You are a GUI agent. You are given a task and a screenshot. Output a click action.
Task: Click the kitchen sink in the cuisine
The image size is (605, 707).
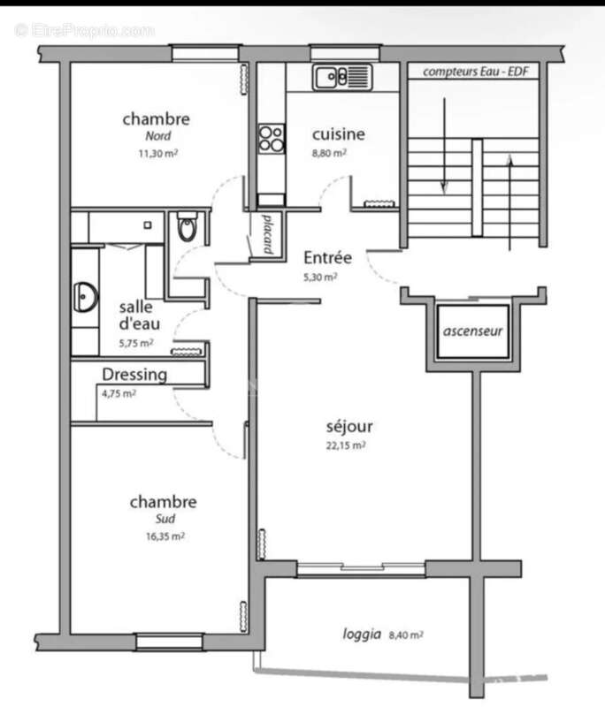[x=340, y=78]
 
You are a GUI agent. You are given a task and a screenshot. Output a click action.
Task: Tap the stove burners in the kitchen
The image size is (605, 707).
[x=271, y=139]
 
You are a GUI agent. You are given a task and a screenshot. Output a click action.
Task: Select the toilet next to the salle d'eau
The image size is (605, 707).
[x=188, y=228]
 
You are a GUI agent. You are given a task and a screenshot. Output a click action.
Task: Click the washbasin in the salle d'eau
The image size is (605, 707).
[x=87, y=297]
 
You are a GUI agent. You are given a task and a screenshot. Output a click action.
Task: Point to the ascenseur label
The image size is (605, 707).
[x=473, y=333]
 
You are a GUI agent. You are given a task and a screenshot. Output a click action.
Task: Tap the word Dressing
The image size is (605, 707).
[x=134, y=375]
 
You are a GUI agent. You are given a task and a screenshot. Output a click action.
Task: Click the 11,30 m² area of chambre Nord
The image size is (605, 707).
[x=156, y=152]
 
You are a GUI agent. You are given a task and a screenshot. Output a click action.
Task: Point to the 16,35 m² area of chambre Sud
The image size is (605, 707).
[x=165, y=536]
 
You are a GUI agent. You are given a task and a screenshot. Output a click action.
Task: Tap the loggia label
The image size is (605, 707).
[x=363, y=634]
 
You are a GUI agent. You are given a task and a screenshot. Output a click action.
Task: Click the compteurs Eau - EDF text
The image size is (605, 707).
[x=475, y=72]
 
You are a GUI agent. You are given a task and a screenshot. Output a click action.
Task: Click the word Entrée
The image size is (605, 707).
[x=328, y=258]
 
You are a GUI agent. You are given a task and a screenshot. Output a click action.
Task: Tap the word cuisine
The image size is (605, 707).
[x=338, y=134]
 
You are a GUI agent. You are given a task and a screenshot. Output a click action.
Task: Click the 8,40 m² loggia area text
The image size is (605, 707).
[x=405, y=634]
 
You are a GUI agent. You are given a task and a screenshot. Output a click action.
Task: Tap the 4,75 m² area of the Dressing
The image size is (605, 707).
[x=119, y=394]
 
